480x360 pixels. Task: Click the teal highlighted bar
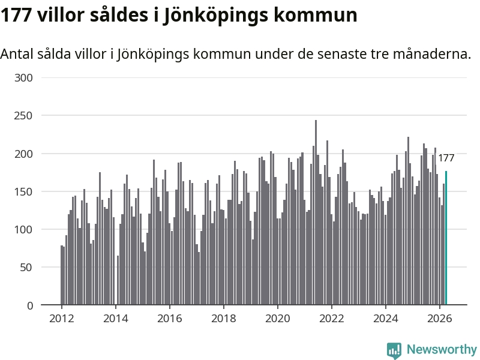pos(446,238)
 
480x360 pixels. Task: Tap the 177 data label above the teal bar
pos(446,158)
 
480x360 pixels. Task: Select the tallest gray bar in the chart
pos(316,212)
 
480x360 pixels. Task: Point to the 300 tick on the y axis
pos(23,78)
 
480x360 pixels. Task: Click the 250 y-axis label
pos(23,116)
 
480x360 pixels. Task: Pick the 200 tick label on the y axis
pos(23,154)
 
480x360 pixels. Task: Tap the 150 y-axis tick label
pos(23,191)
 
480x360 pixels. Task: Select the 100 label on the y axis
pos(23,229)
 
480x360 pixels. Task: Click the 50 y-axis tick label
pos(26,267)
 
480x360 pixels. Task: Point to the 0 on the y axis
pos(30,305)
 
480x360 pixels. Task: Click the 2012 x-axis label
pos(62,319)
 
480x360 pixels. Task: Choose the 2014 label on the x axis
pos(115,319)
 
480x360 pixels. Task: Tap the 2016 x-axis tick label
pos(170,319)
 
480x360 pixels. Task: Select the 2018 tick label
pos(223,319)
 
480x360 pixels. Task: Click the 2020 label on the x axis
pos(278,319)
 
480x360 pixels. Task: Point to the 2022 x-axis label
pos(332,319)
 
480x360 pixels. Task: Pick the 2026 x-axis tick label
pos(440,319)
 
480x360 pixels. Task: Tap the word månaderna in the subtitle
pos(432,54)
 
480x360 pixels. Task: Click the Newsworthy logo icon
pos(394,350)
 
